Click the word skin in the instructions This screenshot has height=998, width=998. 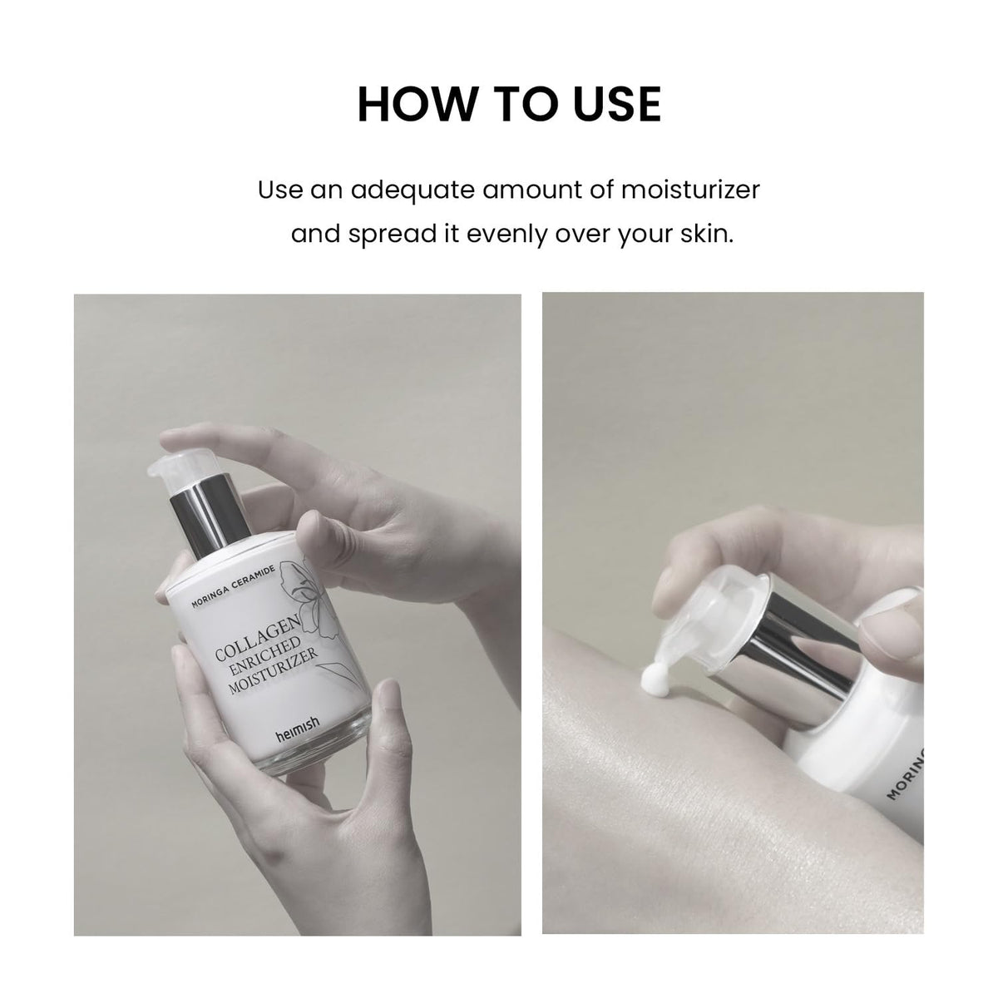tap(707, 234)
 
